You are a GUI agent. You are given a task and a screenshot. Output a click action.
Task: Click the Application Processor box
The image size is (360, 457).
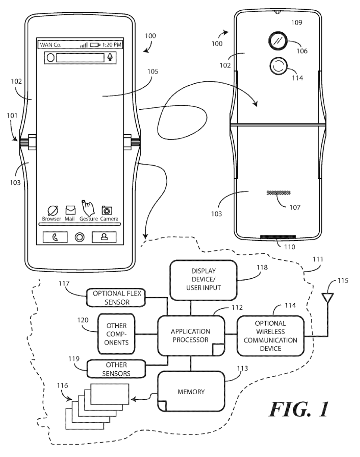pos(191,336)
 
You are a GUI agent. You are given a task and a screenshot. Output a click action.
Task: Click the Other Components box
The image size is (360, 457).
pos(116,335)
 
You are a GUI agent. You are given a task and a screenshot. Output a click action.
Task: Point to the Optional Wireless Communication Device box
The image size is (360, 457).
pos(270,336)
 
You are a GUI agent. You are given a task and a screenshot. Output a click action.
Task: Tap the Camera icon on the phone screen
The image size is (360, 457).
pos(106,210)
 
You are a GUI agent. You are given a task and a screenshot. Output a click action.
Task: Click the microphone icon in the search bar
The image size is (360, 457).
pos(110,57)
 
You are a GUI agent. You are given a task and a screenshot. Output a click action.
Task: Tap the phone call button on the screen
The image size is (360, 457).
pos(55,237)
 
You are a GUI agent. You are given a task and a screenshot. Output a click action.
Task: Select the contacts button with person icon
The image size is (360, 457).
pos(104,237)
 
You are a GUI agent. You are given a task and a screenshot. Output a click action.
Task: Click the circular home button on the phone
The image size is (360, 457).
pos(80,237)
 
